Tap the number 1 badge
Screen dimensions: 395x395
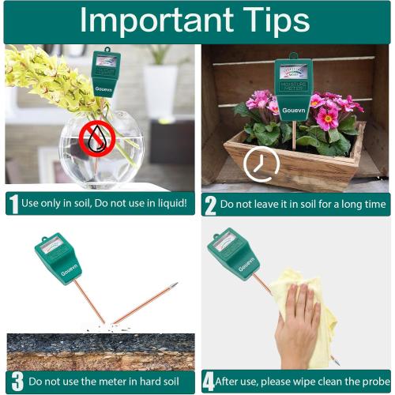tap(13, 204)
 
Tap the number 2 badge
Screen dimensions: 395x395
tap(210, 205)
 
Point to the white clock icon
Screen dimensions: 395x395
tap(261, 164)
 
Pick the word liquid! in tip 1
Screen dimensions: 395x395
tap(167, 204)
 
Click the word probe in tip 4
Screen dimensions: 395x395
tap(370, 382)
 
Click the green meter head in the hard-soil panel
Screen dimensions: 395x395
tap(58, 258)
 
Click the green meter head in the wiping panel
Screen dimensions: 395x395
tap(233, 253)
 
